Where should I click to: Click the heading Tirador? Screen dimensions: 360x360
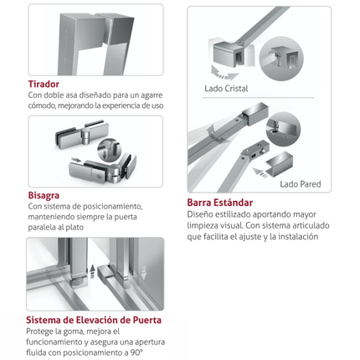44,84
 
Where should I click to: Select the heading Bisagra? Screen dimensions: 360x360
44,195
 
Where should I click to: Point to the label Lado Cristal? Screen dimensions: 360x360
226,89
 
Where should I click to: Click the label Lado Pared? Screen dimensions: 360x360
301,184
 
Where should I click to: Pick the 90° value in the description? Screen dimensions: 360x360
136,352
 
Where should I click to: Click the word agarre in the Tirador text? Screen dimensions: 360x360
152,95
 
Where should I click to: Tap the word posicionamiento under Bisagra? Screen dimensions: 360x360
113,207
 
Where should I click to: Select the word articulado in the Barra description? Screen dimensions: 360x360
312,225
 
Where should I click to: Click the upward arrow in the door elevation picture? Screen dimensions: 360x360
92,271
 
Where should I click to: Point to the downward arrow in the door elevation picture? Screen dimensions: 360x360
144,273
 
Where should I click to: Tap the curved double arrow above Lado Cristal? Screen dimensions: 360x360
224,74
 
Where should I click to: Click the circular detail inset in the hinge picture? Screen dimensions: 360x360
110,149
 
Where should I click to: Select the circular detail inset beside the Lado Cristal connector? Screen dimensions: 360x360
281,59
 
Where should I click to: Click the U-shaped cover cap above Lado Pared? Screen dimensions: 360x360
279,165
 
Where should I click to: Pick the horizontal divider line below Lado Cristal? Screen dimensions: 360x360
258,98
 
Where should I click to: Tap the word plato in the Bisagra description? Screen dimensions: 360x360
75,228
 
